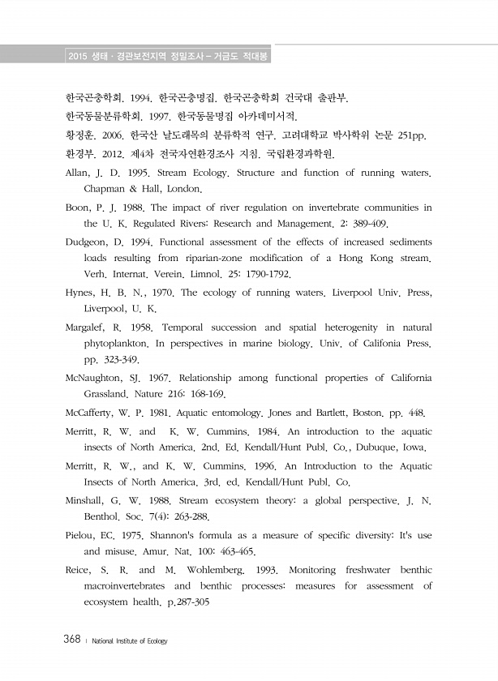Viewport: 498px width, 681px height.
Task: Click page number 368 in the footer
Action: click(x=71, y=640)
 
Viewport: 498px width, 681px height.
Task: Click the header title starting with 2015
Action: click(x=169, y=56)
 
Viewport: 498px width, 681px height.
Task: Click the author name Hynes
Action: click(x=81, y=293)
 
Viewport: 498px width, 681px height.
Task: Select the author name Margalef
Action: click(x=89, y=328)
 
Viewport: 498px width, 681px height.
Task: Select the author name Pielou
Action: click(x=82, y=535)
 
